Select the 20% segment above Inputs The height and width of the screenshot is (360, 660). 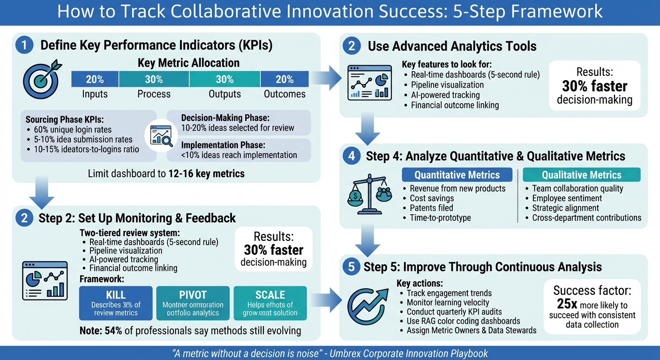pos(95,79)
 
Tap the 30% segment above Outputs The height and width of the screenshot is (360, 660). pos(225,79)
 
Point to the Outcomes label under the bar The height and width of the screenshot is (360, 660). pos(285,94)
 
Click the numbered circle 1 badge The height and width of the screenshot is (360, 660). pos(24,45)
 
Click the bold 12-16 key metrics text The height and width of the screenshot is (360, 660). pos(206,174)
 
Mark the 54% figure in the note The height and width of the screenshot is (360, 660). pos(112,330)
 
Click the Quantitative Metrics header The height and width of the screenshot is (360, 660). pos(457,175)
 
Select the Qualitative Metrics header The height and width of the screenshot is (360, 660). pos(581,175)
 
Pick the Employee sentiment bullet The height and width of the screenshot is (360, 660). pos(567,198)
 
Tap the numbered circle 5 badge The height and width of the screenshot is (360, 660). pos(351,267)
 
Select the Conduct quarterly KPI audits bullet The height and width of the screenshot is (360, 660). pos(454,312)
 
